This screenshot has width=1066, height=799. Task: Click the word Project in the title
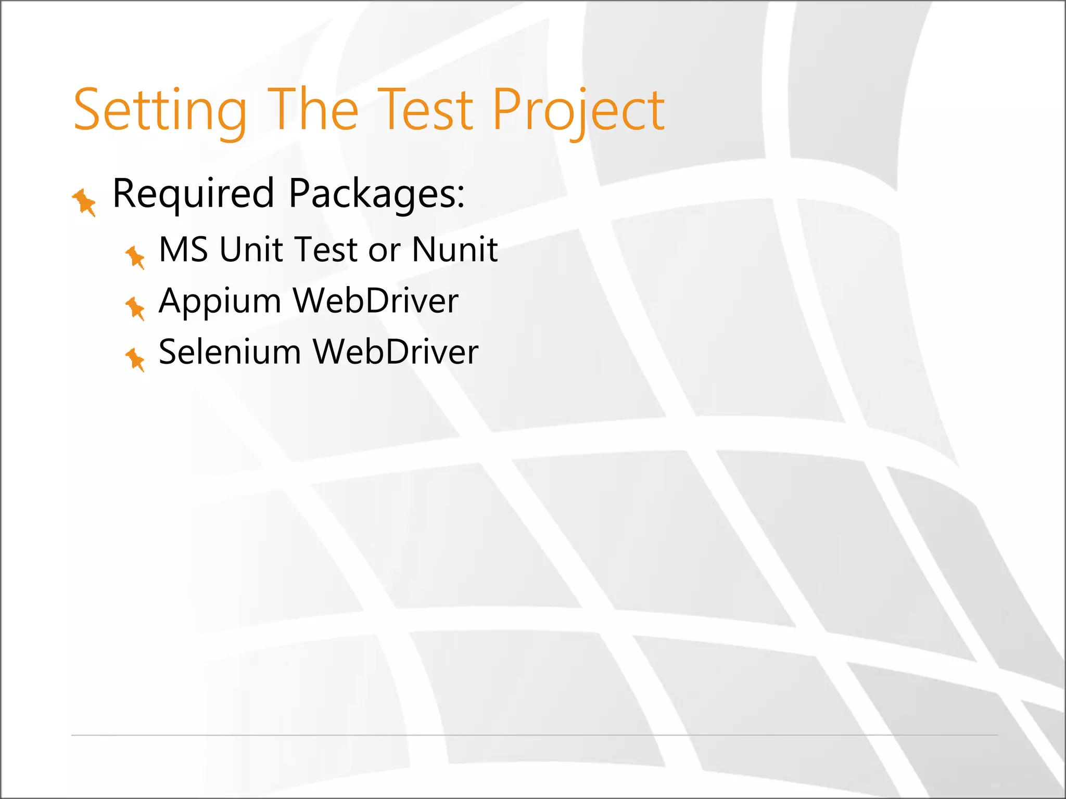point(578,110)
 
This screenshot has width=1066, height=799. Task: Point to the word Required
point(193,194)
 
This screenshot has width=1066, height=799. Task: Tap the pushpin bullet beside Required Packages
point(84,202)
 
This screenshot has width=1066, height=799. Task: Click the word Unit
point(250,249)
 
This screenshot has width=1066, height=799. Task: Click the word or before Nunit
point(384,250)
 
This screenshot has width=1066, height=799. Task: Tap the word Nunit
point(455,249)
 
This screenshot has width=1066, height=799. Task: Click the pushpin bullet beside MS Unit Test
point(135,257)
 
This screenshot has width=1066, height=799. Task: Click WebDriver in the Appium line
point(375,301)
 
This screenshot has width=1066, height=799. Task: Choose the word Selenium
point(230,352)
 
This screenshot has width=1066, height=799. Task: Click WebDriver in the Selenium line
point(396,352)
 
